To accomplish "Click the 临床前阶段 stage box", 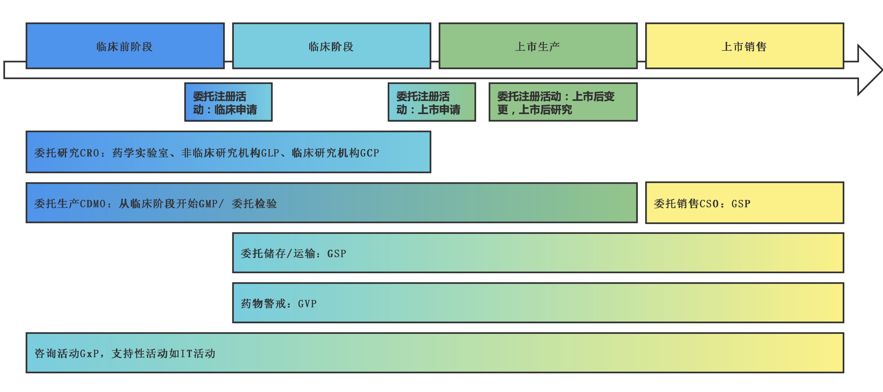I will click(125, 46).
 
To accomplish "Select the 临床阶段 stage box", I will click(331, 46).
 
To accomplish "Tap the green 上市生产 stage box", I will click(538, 46).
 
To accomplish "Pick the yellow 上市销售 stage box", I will click(744, 46).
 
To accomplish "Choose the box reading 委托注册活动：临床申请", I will click(228, 102).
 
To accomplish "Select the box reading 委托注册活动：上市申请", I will click(432, 102).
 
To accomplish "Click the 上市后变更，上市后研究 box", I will click(562, 102).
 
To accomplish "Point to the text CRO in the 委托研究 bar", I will click(90, 153).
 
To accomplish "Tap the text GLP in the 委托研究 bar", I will click(270, 153).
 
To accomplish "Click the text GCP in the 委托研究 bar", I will click(370, 153).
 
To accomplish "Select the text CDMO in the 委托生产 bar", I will click(93, 204).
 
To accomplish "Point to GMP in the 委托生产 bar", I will click(208, 204).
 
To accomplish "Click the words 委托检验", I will click(254, 204).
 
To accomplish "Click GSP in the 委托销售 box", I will click(741, 204).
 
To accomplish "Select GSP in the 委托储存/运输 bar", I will click(337, 254).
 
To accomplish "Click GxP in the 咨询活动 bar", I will click(90, 354).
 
